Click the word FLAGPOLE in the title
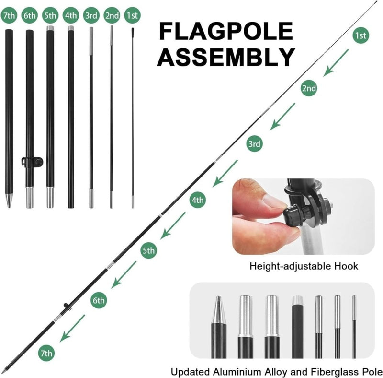click(x=226, y=31)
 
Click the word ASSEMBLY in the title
click(x=226, y=57)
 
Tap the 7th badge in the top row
click(x=9, y=15)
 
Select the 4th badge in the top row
click(x=71, y=15)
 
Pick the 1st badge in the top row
click(x=133, y=15)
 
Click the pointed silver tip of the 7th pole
click(x=9, y=201)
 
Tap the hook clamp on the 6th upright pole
click(x=32, y=162)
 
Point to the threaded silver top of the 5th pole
click(x=50, y=28)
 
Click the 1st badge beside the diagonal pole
click(x=361, y=35)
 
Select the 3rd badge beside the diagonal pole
click(x=255, y=143)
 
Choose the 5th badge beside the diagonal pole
click(x=149, y=250)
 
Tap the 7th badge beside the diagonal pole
click(x=46, y=353)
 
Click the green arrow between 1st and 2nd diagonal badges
click(x=336, y=63)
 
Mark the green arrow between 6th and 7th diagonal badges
click(x=72, y=328)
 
